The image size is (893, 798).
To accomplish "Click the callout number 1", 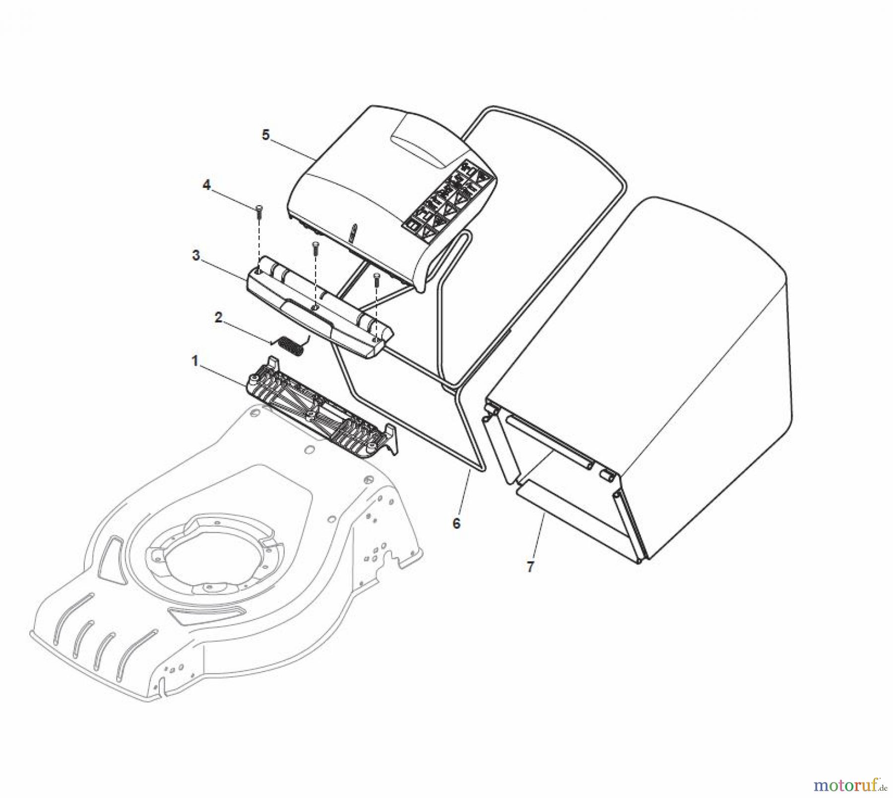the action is click(x=195, y=362).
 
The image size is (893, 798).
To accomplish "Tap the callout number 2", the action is click(x=218, y=318).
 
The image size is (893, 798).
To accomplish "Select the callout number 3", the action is click(x=196, y=256).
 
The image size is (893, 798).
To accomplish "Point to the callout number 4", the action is click(x=206, y=185).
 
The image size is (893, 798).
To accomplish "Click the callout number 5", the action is click(x=266, y=135).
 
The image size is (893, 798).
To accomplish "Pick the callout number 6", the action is click(x=456, y=523).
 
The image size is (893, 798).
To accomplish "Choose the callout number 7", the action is click(x=530, y=567).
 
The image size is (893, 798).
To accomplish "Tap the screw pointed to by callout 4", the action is click(x=259, y=213).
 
